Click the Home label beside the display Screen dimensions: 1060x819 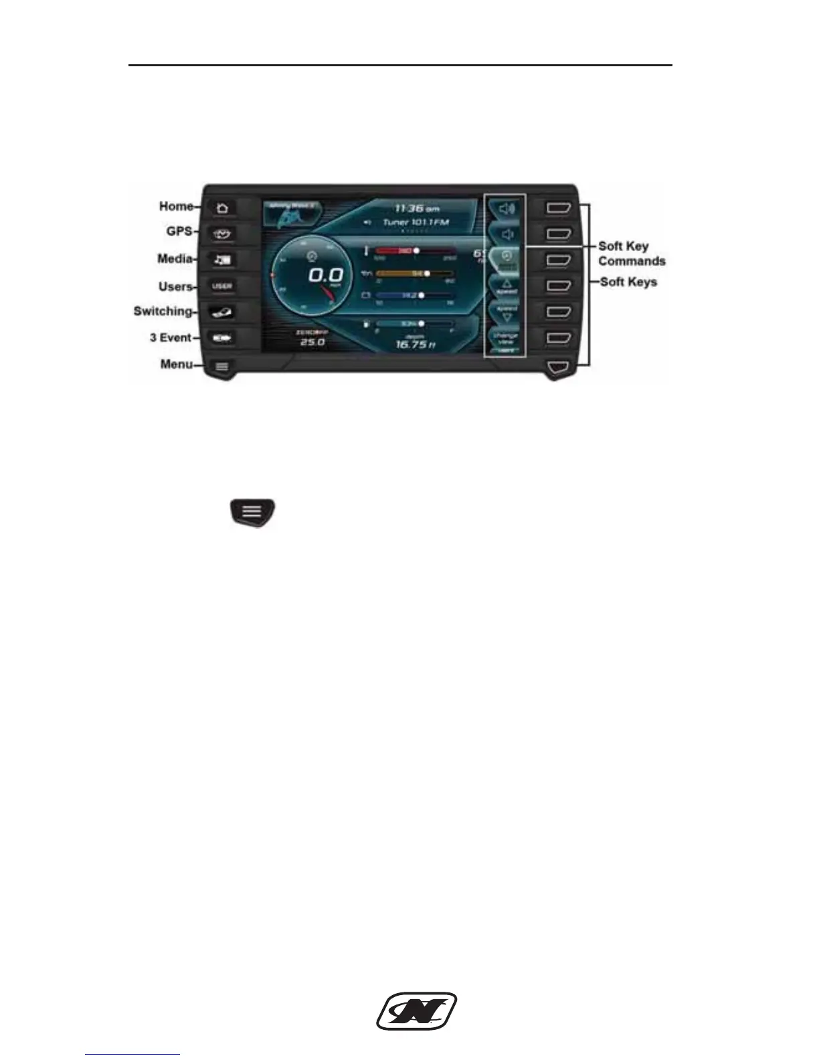[x=176, y=207]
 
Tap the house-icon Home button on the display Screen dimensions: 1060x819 [x=222, y=208]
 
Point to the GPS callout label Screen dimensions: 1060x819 [x=179, y=232]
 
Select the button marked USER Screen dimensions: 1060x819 [x=222, y=286]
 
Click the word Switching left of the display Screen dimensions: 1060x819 [x=163, y=311]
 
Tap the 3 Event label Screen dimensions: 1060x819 [x=171, y=338]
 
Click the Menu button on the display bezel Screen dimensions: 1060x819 [x=222, y=367]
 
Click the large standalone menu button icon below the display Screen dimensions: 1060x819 [x=252, y=512]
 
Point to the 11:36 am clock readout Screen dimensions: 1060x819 [x=416, y=208]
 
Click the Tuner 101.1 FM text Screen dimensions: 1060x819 [x=415, y=222]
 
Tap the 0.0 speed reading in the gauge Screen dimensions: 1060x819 [x=326, y=275]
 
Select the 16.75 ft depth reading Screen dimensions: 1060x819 [x=416, y=345]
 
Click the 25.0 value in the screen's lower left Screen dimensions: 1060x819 [x=311, y=342]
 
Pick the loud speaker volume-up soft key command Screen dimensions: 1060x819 [x=507, y=208]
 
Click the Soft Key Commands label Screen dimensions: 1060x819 [x=631, y=254]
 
